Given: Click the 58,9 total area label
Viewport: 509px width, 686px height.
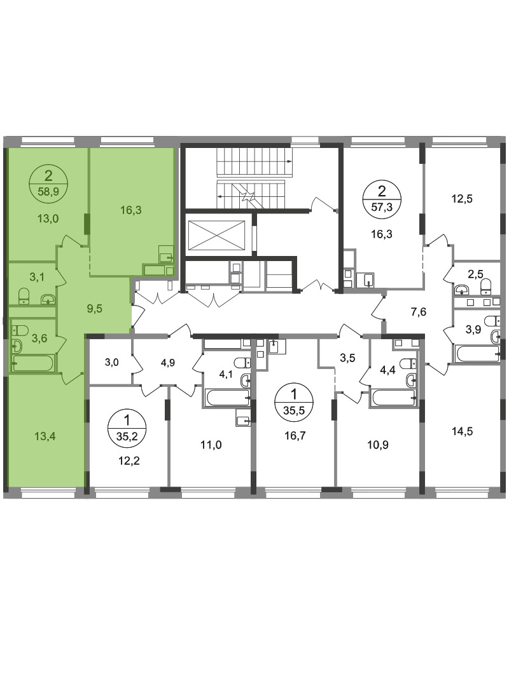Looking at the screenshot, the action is [48, 190].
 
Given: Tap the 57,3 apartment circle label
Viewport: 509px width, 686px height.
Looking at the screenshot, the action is [381, 198].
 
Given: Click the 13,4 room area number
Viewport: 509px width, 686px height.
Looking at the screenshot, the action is [46, 436].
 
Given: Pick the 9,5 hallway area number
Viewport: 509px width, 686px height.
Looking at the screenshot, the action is [94, 309].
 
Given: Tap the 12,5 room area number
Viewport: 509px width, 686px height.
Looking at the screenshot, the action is [462, 199].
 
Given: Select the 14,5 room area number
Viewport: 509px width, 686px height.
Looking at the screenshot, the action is [462, 432].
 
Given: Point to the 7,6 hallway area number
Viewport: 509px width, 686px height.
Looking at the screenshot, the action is [418, 312].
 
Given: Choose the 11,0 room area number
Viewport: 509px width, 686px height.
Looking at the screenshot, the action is [211, 445].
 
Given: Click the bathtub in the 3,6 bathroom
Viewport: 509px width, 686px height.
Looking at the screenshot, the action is [33, 363].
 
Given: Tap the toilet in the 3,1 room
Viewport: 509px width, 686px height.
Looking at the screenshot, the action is [24, 296].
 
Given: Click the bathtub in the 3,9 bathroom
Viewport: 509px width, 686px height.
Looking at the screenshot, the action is [477, 354].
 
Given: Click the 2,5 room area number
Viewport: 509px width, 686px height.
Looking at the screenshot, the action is [475, 274].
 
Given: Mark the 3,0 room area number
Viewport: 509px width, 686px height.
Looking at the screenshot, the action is [111, 362].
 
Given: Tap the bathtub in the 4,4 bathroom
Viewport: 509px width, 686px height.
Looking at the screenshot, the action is [394, 398].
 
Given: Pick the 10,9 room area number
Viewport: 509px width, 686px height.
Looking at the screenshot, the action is [378, 445].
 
